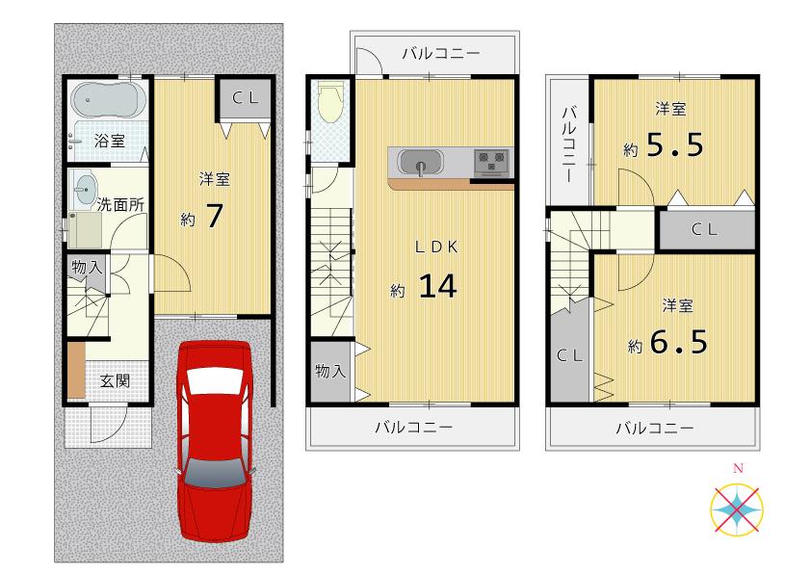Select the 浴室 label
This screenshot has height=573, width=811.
110,141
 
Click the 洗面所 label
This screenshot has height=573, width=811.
121,204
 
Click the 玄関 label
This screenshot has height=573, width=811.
116,380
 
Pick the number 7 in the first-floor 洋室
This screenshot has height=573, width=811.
215,217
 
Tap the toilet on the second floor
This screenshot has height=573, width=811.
330,100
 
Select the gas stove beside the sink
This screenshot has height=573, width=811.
491,161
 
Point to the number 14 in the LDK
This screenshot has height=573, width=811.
436,286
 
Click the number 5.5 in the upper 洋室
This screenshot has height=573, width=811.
674,146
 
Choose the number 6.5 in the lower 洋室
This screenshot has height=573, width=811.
679,342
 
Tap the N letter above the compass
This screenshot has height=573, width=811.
739,468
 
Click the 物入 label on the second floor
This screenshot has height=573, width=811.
330,371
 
